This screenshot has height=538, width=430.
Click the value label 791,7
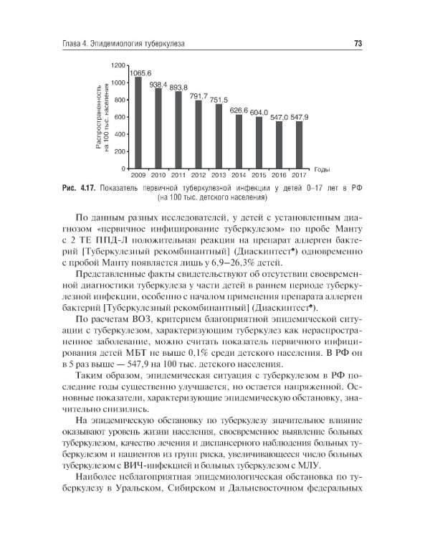click(199, 95)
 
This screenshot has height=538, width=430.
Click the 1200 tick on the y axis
click(119, 65)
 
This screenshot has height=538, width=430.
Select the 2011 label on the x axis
click(178, 174)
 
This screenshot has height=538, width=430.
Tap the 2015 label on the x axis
click(259, 174)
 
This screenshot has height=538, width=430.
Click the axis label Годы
click(321, 170)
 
